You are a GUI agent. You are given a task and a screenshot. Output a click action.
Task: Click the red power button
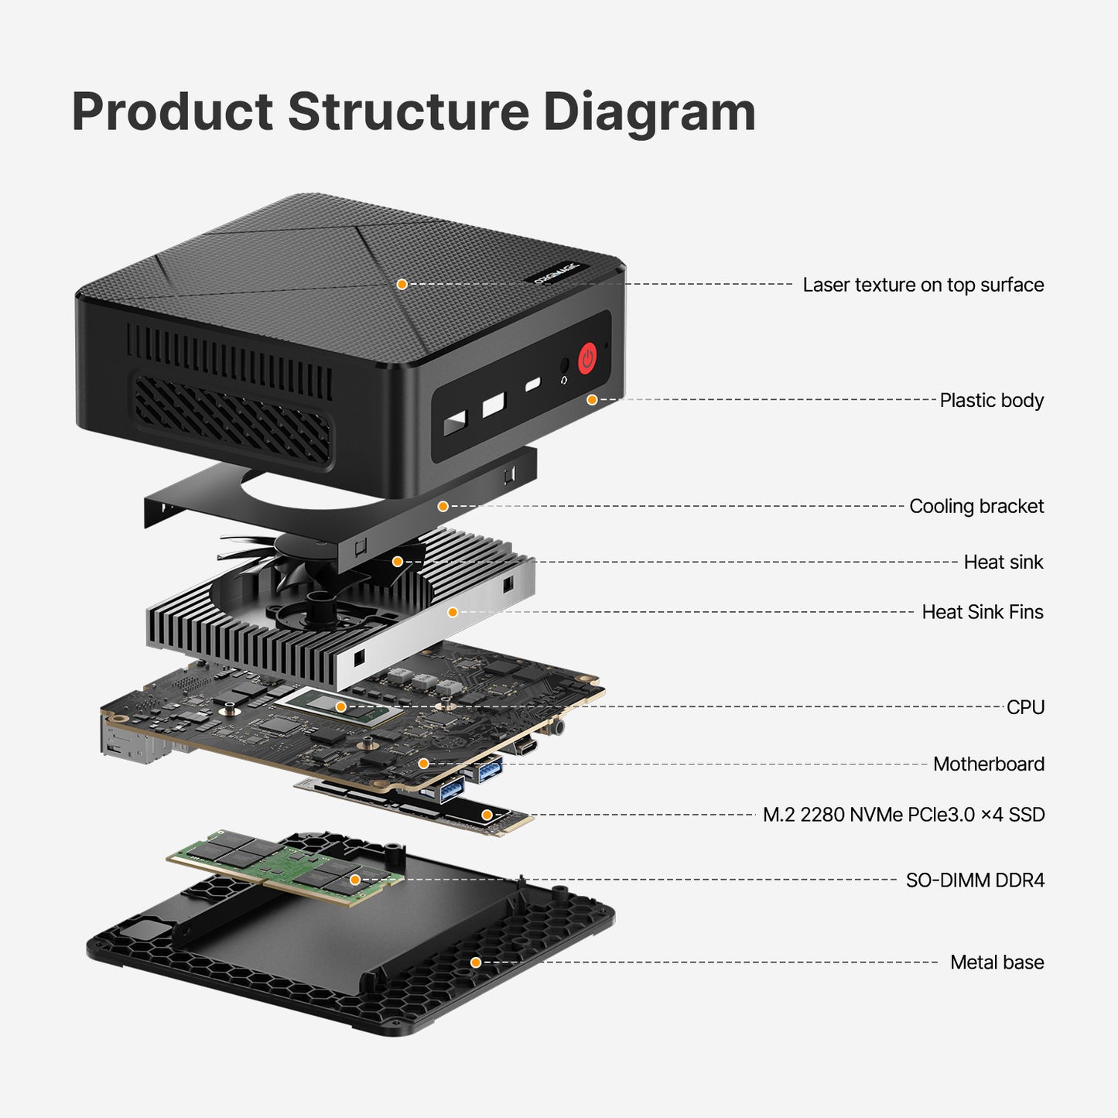[x=587, y=358]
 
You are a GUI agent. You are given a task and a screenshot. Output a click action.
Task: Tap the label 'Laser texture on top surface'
[x=922, y=285]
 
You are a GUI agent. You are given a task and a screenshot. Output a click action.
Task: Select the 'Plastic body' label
[x=991, y=400]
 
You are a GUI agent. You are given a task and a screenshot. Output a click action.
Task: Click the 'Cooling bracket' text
[x=976, y=506]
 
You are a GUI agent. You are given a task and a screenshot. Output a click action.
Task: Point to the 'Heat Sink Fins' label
[x=982, y=612]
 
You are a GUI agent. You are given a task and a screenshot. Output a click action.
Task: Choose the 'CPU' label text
[x=1025, y=707]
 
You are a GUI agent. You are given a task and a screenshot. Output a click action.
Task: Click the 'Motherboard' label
[x=988, y=764]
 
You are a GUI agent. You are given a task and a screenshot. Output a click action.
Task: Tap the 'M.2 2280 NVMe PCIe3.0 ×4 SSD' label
[x=903, y=815]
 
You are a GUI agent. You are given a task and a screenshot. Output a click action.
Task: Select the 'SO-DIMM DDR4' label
[x=974, y=880]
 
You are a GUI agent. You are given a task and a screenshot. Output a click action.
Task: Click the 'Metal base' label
[x=997, y=962]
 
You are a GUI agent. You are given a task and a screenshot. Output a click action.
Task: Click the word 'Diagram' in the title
[x=648, y=112]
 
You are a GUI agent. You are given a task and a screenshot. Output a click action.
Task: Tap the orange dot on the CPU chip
[x=340, y=706]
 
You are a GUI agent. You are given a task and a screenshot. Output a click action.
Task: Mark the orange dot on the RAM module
[x=355, y=880]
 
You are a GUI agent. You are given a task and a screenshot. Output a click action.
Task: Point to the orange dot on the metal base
[x=476, y=962]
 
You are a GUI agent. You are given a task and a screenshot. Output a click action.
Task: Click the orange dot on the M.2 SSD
[x=487, y=815]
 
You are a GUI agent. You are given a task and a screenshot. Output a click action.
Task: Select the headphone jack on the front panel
[x=564, y=366]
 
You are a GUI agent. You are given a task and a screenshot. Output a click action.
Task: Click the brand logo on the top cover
[x=556, y=273]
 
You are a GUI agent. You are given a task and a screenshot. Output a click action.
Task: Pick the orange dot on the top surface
[x=402, y=284]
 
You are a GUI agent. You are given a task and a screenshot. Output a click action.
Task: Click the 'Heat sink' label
[x=1003, y=562]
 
